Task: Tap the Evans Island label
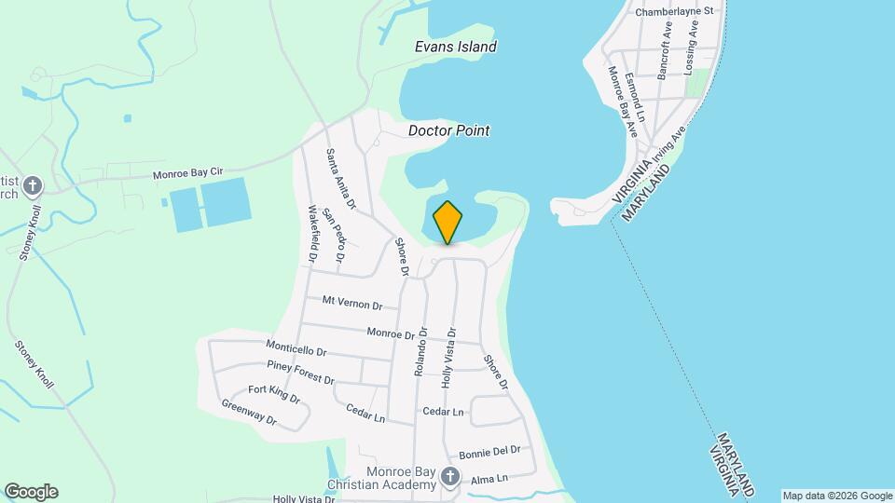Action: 455,47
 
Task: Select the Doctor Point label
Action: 448,131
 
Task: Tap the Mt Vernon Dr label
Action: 352,303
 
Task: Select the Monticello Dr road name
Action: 296,349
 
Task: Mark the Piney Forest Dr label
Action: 300,372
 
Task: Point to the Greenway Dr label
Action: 250,412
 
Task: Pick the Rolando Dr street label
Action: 420,351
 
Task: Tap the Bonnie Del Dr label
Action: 489,450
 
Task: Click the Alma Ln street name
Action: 489,479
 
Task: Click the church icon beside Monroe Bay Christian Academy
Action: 450,478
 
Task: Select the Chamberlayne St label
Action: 673,11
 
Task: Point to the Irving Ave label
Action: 669,145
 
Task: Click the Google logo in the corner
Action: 31,492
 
